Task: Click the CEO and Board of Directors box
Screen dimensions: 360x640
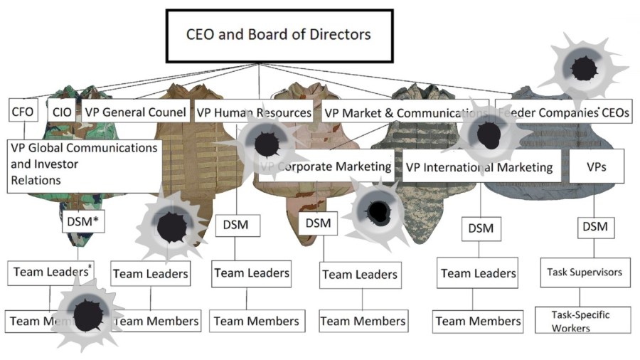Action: pos(278,35)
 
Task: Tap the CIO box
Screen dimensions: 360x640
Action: pos(62,112)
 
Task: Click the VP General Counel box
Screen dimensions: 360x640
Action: pos(135,112)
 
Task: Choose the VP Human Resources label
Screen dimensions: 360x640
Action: pos(253,112)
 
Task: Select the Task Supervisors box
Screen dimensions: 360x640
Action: pos(584,272)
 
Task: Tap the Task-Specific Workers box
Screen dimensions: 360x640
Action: pos(582,320)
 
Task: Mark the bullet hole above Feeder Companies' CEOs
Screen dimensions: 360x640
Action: pos(585,68)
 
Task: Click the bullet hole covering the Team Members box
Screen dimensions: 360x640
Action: pos(87,314)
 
